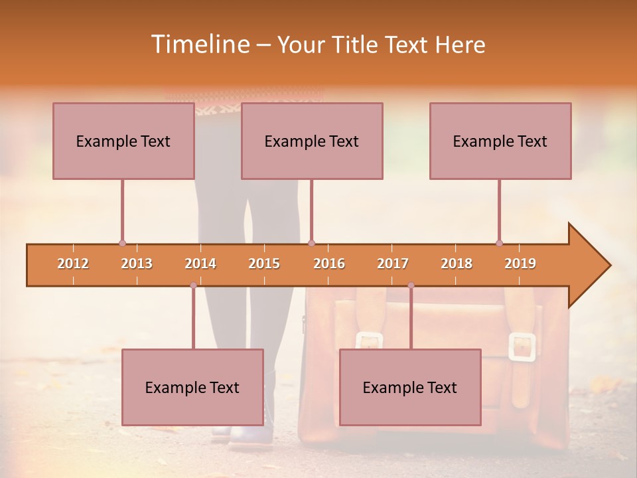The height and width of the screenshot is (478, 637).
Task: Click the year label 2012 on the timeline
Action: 73,264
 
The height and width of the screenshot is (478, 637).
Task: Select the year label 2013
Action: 137,264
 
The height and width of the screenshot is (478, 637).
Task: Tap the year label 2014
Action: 200,264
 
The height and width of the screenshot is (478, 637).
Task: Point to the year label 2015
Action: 264,264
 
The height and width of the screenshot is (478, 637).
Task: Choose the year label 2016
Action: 329,264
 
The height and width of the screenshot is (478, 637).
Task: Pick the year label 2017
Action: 393,264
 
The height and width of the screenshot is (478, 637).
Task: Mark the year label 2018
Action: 457,264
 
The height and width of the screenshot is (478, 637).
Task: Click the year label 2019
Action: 520,264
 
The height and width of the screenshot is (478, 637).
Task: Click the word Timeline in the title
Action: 199,44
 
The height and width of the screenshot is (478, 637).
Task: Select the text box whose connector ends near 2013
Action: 123,141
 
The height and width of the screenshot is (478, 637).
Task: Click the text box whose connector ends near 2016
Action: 312,141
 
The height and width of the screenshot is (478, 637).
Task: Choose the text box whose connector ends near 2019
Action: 500,141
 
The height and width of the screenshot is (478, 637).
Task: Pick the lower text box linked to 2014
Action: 192,387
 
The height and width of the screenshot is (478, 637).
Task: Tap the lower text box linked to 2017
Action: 410,387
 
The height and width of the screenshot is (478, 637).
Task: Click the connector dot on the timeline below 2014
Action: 193,285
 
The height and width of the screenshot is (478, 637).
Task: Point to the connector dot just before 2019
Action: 499,243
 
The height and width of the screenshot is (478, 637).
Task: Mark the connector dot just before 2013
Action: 122,243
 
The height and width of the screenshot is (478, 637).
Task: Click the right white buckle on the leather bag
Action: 522,347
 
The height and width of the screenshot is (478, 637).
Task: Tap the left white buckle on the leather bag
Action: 370,341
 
